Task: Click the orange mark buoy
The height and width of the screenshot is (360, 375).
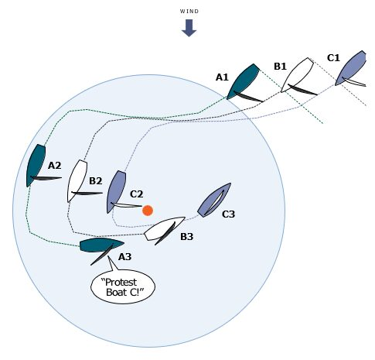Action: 148,211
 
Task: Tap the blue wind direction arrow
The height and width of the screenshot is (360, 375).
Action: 189,28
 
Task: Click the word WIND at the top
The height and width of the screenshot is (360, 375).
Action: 189,12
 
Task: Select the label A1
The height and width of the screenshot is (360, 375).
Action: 222,77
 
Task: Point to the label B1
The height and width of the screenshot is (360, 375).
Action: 280,67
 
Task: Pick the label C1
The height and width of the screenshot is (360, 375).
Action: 333,58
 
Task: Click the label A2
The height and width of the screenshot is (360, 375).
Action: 54,166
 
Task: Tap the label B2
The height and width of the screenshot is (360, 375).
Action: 96,181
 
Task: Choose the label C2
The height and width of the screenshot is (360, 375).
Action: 136,194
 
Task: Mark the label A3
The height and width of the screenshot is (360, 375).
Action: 125,257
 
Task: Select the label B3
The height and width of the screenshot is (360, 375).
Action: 186,237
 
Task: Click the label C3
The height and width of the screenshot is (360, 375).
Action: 228,214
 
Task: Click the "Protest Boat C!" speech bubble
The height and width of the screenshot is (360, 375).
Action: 123,286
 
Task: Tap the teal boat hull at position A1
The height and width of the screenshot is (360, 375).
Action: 243,81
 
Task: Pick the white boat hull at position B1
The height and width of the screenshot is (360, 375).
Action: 297,74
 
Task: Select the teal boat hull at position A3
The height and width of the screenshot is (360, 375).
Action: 101,245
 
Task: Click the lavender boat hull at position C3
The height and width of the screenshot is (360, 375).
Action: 214,200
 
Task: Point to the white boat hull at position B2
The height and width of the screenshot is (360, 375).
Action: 77,181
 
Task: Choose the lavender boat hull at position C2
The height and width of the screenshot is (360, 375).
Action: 117,192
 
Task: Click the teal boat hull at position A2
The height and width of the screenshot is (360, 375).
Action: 36,166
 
